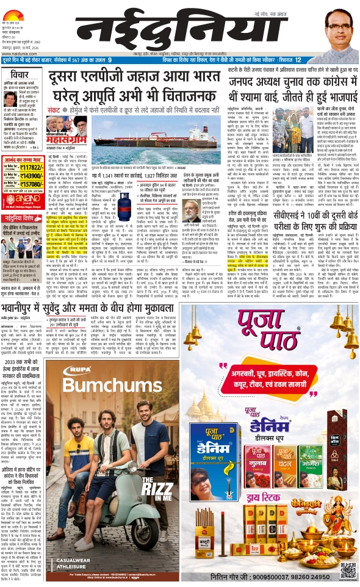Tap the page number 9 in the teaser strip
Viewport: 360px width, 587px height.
110,60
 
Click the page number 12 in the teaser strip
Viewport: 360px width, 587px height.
297,60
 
